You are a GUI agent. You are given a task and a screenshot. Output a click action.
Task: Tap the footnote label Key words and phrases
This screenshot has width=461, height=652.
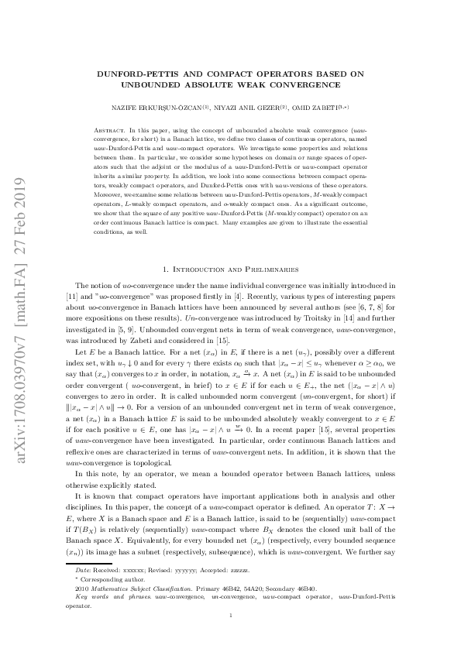(x=108, y=598)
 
